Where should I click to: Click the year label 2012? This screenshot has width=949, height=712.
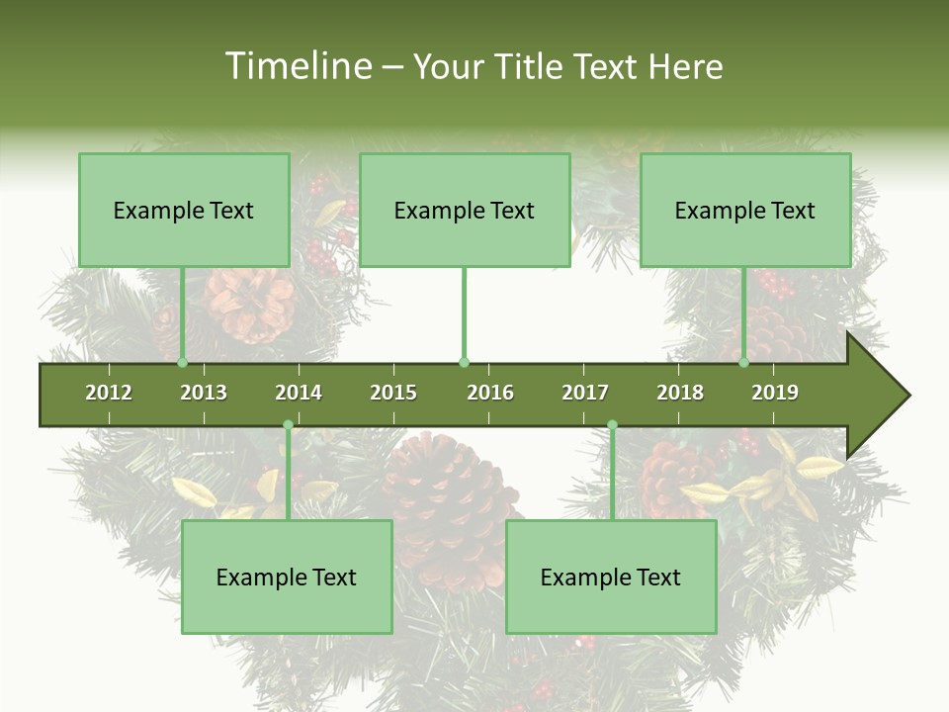pos(109,393)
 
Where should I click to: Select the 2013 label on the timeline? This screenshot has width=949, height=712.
pos(204,393)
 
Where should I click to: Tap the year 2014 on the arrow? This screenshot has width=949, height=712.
pos(299,393)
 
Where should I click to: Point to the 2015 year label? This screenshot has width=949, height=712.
pos(393,393)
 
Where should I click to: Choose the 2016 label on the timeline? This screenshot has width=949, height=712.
pos(490,393)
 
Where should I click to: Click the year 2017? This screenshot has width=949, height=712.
pos(585,393)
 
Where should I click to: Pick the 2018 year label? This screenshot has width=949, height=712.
pos(680,393)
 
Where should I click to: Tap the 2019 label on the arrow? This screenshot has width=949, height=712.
pos(775,393)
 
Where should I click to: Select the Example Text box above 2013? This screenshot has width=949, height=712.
pos(184,210)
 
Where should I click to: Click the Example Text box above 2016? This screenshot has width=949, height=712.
pos(465,210)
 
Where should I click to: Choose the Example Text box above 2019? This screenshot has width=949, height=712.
pos(745,210)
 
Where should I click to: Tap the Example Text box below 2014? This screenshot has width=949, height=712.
pos(287,577)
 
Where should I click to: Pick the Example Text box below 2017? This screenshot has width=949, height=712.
pos(611,577)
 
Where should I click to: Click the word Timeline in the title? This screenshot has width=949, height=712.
pos(296,66)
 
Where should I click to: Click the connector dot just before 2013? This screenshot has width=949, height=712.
pos(183,363)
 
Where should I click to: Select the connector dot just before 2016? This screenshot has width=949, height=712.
pos(465,363)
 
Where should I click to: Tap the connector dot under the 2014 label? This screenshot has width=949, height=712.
pos(288,425)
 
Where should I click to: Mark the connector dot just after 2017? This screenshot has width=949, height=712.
pos(612,425)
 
